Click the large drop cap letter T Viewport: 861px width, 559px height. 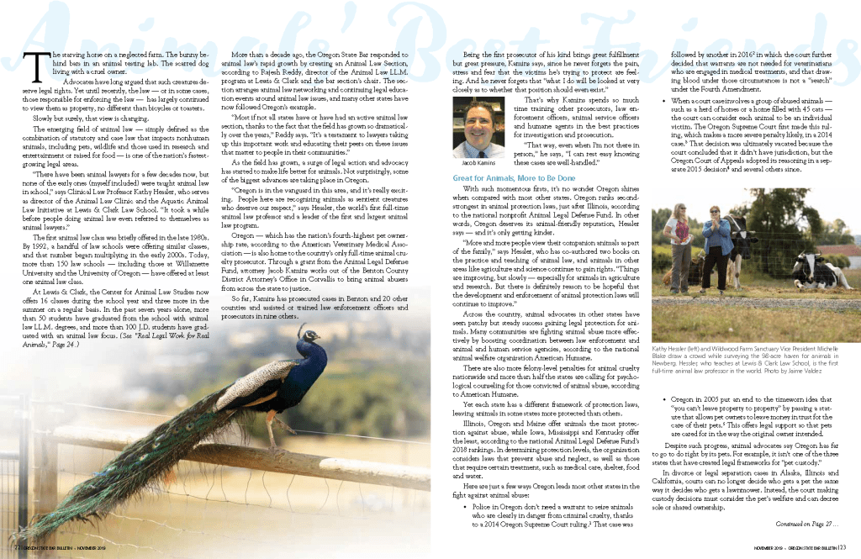pos(35,65)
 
